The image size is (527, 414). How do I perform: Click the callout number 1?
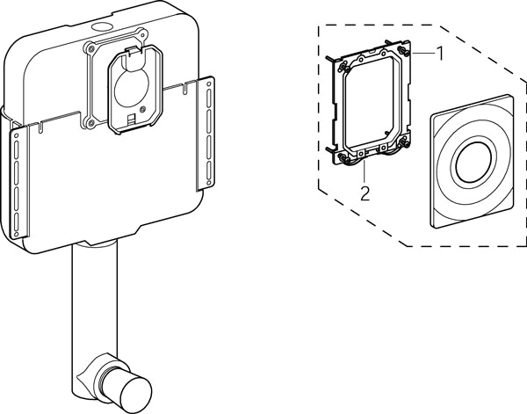440,54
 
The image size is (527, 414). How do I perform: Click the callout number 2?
365,193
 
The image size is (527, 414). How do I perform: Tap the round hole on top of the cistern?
102,26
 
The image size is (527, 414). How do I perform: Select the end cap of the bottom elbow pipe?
135,395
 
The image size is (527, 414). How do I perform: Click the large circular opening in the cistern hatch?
132,88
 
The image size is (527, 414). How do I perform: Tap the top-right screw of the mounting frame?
403,51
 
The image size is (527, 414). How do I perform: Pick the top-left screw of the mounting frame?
343,68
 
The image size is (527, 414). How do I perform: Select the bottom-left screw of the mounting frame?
343,157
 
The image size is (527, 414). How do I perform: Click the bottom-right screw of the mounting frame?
404,143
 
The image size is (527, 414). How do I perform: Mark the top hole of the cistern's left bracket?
16,134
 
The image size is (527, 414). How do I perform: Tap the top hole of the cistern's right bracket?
209,83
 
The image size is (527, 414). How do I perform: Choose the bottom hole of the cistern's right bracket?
209,184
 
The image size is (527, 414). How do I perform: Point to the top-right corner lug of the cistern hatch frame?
143,33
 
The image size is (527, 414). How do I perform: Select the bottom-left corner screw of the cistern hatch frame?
90,123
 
